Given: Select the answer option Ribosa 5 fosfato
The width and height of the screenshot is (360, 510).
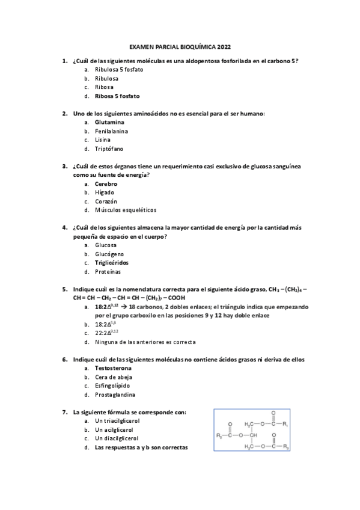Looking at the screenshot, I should [x=117, y=96].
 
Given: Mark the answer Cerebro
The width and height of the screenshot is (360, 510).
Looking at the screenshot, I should [x=106, y=183].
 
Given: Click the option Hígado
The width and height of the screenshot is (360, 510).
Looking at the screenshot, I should [x=105, y=192].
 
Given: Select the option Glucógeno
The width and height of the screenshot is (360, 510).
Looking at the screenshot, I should [x=109, y=254].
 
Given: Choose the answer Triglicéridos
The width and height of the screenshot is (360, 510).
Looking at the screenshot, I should [x=112, y=262].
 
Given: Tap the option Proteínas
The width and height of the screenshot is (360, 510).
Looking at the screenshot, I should [x=108, y=271].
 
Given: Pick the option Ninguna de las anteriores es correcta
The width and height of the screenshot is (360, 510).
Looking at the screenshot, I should [x=145, y=342].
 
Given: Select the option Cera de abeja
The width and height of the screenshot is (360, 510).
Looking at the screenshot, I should [x=114, y=377].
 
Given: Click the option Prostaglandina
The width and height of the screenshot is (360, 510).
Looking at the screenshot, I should [x=115, y=395].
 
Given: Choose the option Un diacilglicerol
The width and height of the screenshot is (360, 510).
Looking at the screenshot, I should [x=117, y=438].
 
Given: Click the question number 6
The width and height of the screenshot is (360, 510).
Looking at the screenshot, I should [x=64, y=360].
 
